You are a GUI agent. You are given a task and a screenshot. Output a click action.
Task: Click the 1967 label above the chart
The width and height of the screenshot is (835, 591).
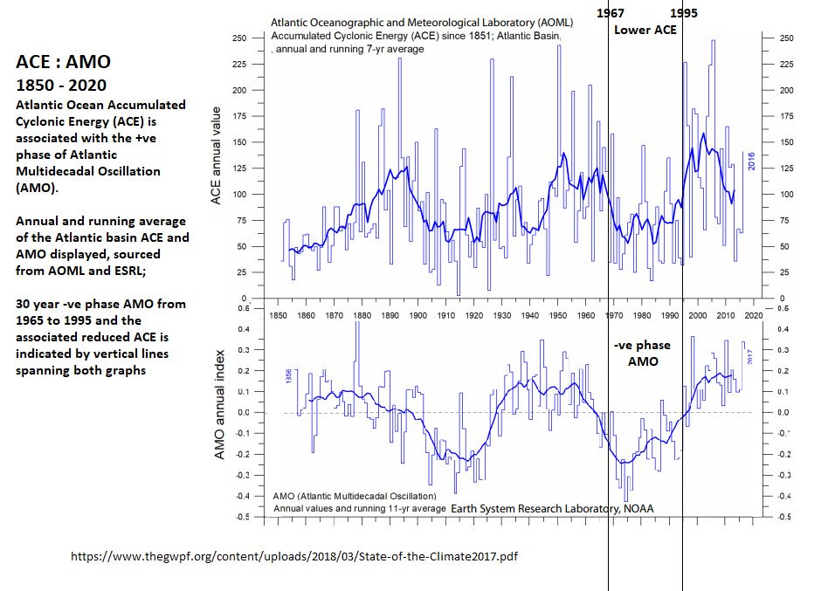610,14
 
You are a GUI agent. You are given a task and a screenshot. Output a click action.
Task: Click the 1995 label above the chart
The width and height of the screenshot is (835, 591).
683,14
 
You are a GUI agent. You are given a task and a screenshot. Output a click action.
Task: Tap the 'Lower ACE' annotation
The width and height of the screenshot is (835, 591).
645,30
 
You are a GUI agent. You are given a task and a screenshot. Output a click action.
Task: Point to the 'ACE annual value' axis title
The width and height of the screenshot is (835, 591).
217,158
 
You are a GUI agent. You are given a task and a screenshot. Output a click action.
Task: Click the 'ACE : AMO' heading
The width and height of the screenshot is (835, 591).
64,63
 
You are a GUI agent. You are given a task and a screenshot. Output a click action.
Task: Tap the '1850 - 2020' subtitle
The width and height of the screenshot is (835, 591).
61,86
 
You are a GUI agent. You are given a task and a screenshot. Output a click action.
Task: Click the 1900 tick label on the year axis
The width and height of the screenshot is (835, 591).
417,314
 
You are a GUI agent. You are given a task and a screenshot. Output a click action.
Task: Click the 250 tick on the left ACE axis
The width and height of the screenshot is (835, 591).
238,38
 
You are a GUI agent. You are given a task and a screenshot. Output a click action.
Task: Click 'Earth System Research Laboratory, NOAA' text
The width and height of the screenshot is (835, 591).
552,509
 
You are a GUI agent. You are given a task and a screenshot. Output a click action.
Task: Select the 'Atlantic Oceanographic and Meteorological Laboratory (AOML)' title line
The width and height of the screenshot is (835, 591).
417,21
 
